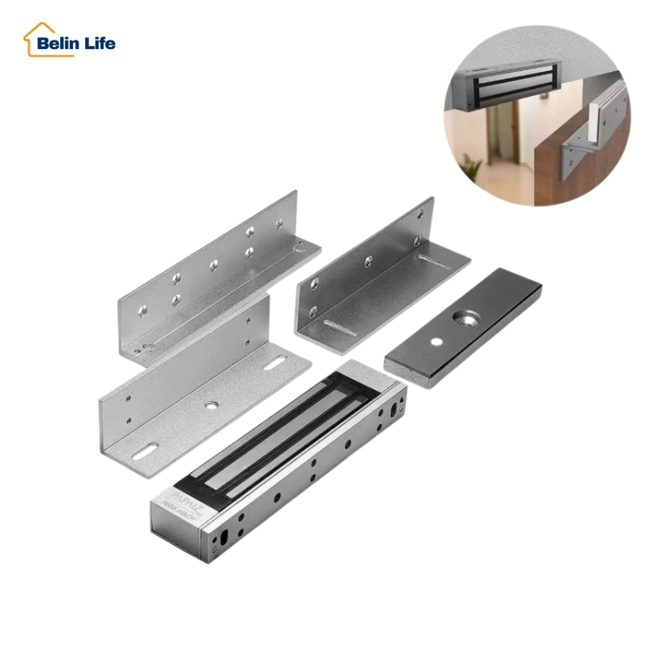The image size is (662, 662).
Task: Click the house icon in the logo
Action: click(x=36, y=39)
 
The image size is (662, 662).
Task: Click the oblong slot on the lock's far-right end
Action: click(x=394, y=412)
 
